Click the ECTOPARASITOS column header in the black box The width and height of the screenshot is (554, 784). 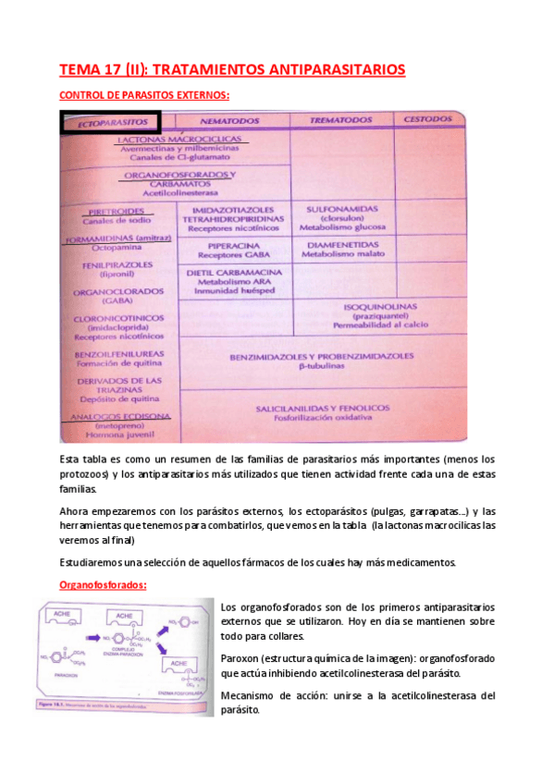[112, 122]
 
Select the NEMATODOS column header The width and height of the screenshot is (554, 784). [231, 121]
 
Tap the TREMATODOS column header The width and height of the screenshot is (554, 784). [341, 120]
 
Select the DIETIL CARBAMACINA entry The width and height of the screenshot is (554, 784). [234, 275]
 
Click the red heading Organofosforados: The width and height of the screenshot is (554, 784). [103, 585]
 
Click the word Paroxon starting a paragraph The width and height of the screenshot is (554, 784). [243, 658]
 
